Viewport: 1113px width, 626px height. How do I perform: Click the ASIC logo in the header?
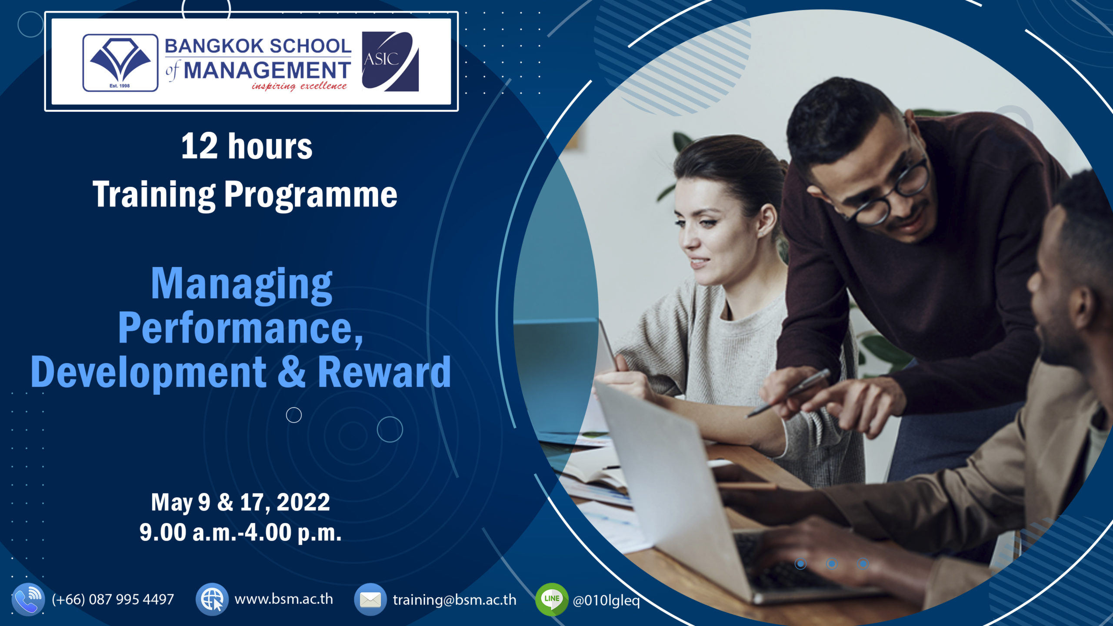pos(390,61)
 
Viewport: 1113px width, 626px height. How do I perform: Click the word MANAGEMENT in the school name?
pos(267,70)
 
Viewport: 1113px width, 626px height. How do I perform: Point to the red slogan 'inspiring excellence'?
pos(299,86)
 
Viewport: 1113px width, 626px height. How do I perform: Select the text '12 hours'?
pos(247,147)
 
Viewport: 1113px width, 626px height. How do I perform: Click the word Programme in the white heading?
pos(310,195)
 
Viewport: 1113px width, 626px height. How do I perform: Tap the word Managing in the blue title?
pos(241,285)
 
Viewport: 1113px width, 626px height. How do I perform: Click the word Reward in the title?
pos(384,373)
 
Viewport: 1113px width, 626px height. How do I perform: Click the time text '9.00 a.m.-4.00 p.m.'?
pos(240,533)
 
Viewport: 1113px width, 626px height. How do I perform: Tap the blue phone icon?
pos(28,599)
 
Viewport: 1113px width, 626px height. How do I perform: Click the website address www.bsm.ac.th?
pos(283,599)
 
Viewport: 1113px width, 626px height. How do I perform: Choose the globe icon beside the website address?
pos(212,599)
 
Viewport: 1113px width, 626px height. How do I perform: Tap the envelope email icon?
pos(370,600)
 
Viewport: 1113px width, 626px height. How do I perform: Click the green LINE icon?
pos(552,599)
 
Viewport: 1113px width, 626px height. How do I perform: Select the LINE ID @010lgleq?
pos(606,600)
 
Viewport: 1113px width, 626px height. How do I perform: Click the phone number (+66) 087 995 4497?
pos(113,599)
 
